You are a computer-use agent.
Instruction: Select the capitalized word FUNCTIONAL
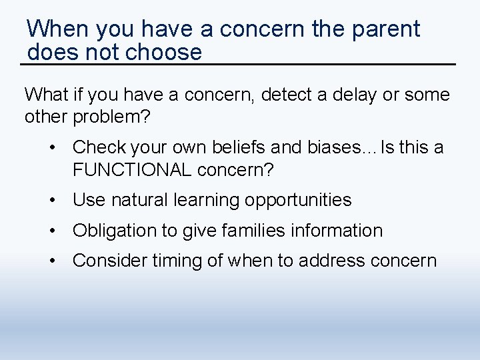pos(132,169)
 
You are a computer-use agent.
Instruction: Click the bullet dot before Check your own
pos(53,147)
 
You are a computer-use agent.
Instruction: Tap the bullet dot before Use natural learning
pos(53,200)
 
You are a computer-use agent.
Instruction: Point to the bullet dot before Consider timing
pos(53,261)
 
